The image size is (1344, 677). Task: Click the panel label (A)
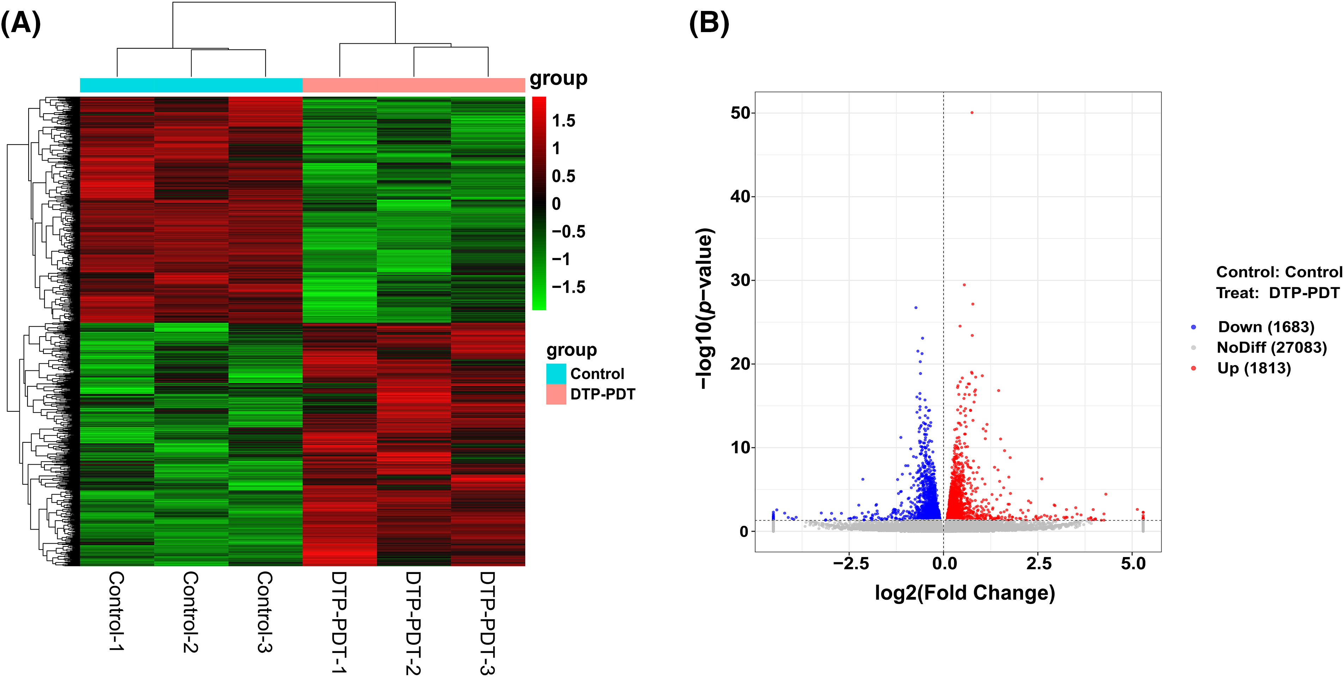click(20, 24)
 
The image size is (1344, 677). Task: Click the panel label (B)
click(709, 24)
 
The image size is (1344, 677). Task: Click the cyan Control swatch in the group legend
click(556, 373)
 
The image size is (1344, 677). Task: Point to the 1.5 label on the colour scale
click(563, 121)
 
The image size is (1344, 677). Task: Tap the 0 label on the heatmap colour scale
click(556, 204)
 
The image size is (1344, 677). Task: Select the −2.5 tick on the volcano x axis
click(851, 564)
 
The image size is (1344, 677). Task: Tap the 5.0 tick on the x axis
click(1133, 564)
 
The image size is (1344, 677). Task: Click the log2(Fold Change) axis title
click(965, 593)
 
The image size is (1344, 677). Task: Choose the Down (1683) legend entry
click(1266, 327)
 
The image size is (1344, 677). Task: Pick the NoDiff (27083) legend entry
click(1271, 347)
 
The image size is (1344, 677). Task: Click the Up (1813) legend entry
click(1254, 369)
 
